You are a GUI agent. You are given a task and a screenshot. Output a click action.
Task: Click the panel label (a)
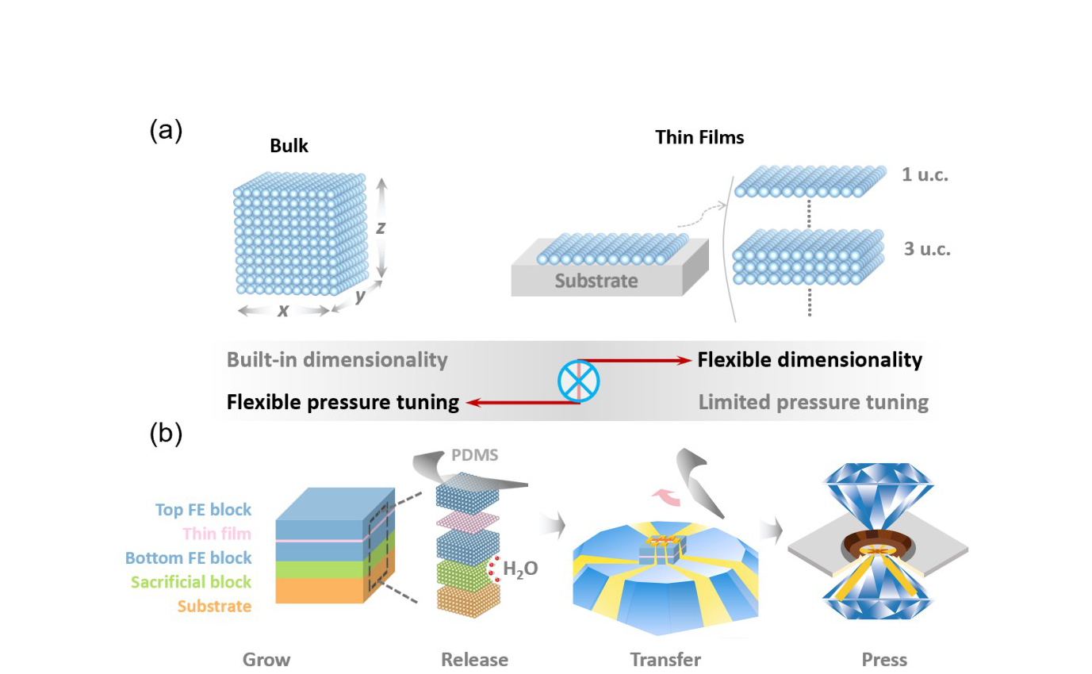166,131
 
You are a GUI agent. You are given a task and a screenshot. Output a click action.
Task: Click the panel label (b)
166,433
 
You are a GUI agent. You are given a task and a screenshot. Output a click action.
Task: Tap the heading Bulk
289,146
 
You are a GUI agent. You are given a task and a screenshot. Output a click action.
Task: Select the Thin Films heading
699,137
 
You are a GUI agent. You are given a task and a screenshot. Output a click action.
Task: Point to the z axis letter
381,227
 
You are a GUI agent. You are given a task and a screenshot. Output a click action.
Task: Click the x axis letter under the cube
283,311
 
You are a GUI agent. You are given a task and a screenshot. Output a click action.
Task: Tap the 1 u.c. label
925,174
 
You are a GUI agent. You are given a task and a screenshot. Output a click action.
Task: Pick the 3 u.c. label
927,249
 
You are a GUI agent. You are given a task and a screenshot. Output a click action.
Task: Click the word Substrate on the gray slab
596,281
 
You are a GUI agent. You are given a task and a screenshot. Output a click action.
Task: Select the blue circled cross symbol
579,381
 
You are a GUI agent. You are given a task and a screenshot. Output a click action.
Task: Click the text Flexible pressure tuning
343,403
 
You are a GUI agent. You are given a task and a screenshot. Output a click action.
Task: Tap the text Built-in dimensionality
337,360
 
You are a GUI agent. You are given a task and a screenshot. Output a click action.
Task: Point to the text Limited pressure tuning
813,403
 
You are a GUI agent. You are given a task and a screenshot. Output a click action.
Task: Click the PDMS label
474,455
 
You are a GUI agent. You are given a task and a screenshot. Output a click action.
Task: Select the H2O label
520,569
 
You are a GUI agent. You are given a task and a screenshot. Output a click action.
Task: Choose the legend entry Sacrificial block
191,582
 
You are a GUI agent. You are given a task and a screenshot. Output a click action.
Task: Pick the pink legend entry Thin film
217,534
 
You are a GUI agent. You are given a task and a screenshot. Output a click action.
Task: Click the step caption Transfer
665,660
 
